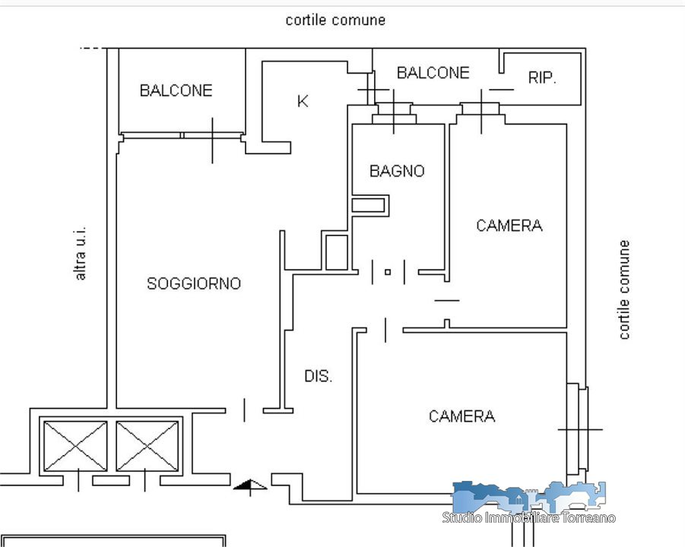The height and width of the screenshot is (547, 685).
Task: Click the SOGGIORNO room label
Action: (x=194, y=283)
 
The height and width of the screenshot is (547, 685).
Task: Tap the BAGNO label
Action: (x=397, y=171)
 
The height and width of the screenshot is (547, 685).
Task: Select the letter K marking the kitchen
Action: (x=303, y=101)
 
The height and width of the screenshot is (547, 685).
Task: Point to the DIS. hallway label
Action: (x=319, y=376)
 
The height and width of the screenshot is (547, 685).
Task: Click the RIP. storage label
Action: (x=543, y=77)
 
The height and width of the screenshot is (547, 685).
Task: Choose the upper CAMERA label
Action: (x=509, y=226)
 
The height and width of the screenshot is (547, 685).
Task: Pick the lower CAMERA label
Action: (x=462, y=416)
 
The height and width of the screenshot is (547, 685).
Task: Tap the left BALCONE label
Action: (x=176, y=90)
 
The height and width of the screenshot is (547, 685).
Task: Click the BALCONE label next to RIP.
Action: (x=433, y=73)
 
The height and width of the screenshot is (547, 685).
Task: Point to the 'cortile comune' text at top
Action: (x=335, y=20)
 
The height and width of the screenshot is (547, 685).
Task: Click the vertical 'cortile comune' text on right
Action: (x=624, y=289)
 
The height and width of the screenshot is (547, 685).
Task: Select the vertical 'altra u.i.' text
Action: (x=80, y=252)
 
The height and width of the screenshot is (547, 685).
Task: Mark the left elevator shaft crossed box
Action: (x=75, y=446)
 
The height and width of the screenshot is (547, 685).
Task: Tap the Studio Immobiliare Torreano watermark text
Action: (x=529, y=517)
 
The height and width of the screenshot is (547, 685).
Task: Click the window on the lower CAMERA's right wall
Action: (x=579, y=429)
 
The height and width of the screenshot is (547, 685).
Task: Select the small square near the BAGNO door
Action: (x=388, y=271)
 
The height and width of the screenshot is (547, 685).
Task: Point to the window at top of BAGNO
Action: (x=394, y=114)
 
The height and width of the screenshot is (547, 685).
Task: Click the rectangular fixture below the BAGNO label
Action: (x=369, y=205)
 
